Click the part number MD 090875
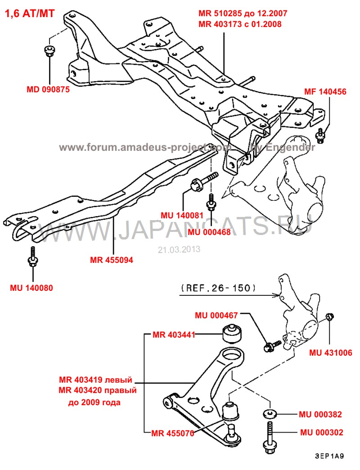point(48,89)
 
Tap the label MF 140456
point(325,92)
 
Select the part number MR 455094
point(112,260)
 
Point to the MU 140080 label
point(31,288)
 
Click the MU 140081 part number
point(182,215)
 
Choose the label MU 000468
point(209,232)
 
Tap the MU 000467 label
point(216,315)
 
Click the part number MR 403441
point(174,334)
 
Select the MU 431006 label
point(331,352)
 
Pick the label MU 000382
point(320,415)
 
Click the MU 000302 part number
point(322,433)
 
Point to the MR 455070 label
point(173,434)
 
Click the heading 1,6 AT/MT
point(30,14)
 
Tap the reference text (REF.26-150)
point(219,288)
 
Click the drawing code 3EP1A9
point(329,456)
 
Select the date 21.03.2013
point(179,249)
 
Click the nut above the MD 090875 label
point(48,51)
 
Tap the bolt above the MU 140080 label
point(33,257)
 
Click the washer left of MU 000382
point(270,414)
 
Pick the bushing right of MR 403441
point(232,333)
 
